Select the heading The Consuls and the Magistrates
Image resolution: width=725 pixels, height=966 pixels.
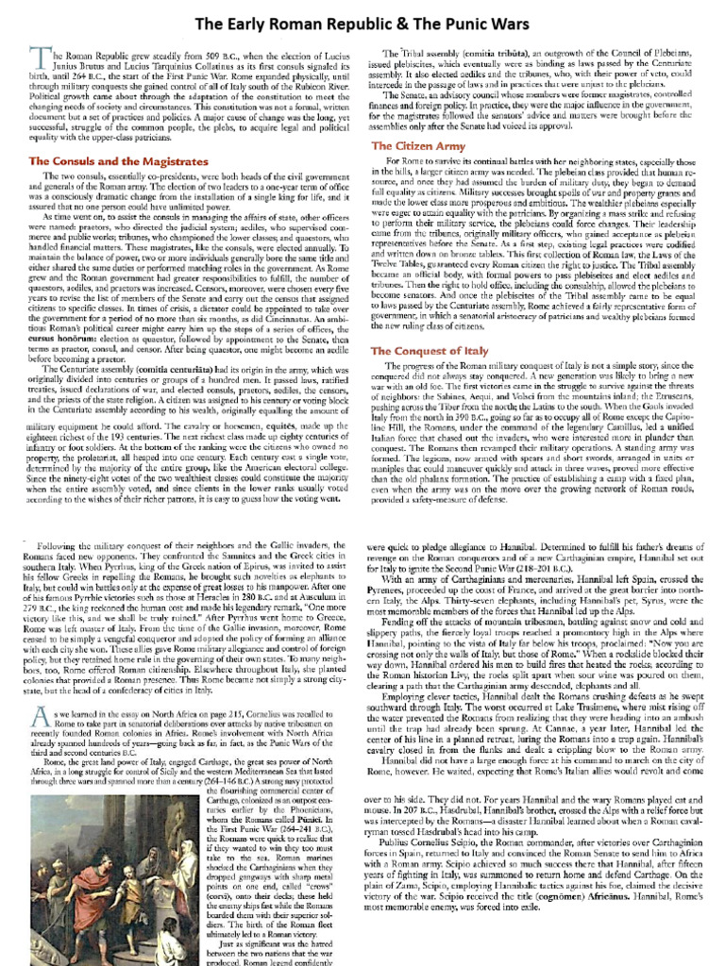pyautogui.click(x=118, y=162)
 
